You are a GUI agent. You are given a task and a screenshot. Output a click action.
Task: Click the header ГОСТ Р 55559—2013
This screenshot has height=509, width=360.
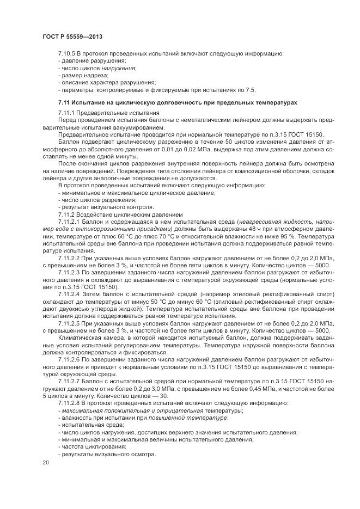(x=72, y=36)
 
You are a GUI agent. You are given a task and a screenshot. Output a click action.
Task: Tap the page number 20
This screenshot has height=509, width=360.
(x=46, y=462)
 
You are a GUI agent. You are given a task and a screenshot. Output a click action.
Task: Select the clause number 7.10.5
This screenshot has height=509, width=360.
(x=68, y=53)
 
